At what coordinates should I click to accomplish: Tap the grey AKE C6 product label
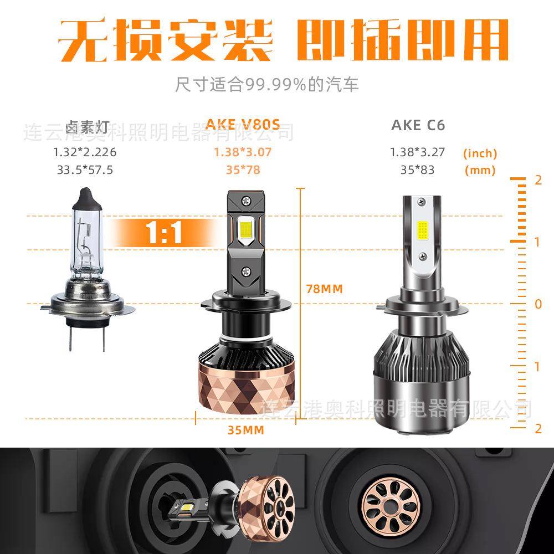tap(418, 125)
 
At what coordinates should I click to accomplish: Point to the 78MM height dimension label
tap(325, 289)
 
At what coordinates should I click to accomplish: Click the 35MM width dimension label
tap(246, 430)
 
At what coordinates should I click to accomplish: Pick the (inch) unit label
tap(480, 153)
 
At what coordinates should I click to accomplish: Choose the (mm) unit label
tap(480, 170)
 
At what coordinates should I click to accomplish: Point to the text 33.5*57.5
tap(85, 170)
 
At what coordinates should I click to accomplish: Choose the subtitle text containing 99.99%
tap(267, 84)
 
